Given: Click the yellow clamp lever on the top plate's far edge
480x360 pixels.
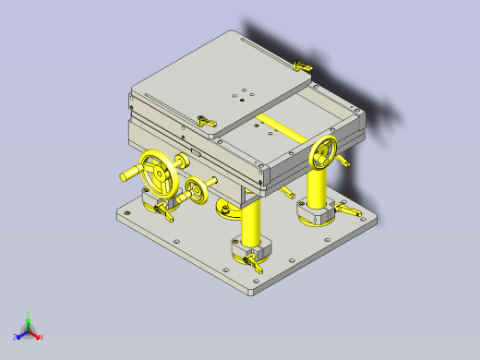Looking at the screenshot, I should point(300,66).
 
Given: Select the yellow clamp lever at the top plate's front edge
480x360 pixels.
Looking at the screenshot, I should point(206,121).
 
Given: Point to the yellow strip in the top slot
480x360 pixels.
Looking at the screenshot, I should point(281,127).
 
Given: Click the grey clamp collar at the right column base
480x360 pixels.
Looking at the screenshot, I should point(316,214).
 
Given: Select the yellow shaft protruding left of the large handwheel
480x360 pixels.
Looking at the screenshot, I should point(126,174).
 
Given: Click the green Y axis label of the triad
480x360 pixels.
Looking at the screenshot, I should point(30,314).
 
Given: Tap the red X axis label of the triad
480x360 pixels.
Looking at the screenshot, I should point(41,337).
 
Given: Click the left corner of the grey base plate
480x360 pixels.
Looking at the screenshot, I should point(117,215).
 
